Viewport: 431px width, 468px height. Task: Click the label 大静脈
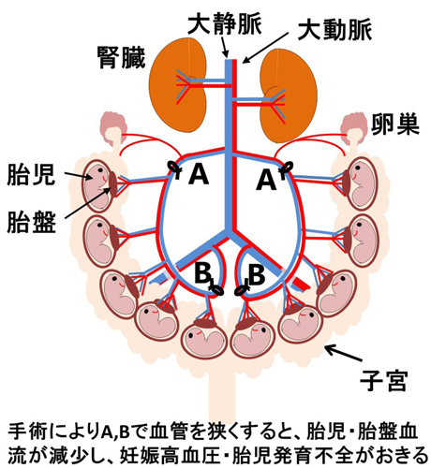[224, 24]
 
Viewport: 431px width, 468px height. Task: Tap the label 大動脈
[334, 30]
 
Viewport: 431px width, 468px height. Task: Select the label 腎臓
[122, 58]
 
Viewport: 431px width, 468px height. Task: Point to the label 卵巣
[395, 125]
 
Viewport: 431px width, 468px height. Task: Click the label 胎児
[31, 175]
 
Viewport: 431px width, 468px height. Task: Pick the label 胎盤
[31, 222]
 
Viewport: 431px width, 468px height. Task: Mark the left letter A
[198, 174]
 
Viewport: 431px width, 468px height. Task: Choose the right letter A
[266, 181]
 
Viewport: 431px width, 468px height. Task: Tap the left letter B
[203, 272]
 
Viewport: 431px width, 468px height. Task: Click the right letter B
[257, 274]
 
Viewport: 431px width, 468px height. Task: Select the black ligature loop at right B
[241, 290]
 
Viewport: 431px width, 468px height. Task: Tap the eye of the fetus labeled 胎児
[100, 170]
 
